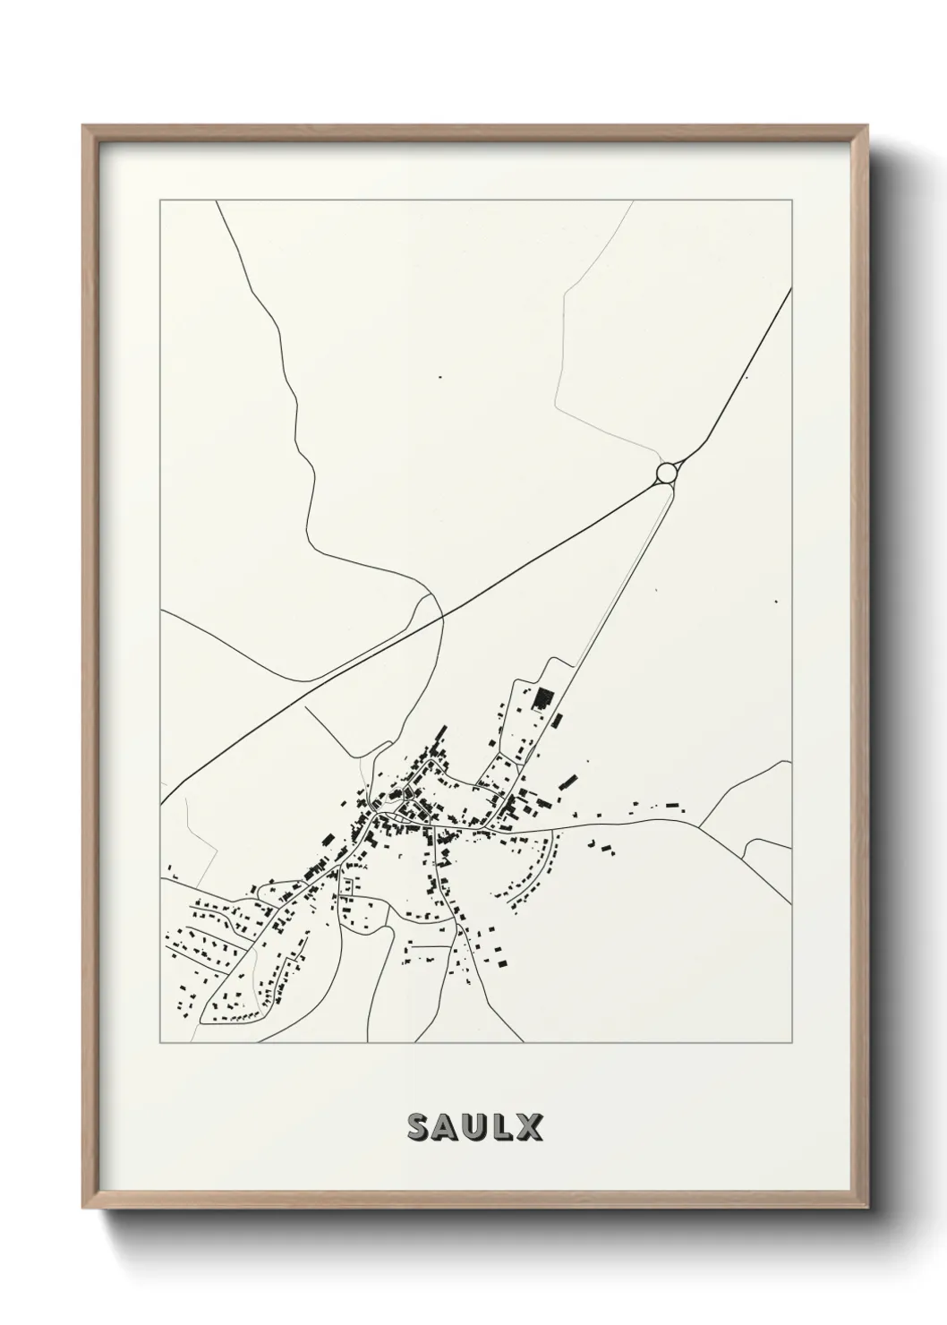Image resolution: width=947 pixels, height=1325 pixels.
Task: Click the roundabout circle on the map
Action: [x=666, y=472]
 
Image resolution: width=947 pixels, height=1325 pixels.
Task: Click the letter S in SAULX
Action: [x=418, y=1128]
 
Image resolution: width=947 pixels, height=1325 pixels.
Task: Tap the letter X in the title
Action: [x=529, y=1128]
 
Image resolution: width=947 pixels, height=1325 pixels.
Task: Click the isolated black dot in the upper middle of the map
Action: [x=439, y=377]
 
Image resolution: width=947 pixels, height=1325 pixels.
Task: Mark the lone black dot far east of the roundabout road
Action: [x=776, y=602]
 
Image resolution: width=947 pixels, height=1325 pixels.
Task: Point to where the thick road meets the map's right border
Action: [x=791, y=288]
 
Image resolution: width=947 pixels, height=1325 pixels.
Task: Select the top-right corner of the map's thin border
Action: [x=792, y=201]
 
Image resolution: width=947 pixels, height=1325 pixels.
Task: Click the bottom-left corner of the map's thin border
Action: [x=160, y=1043]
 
